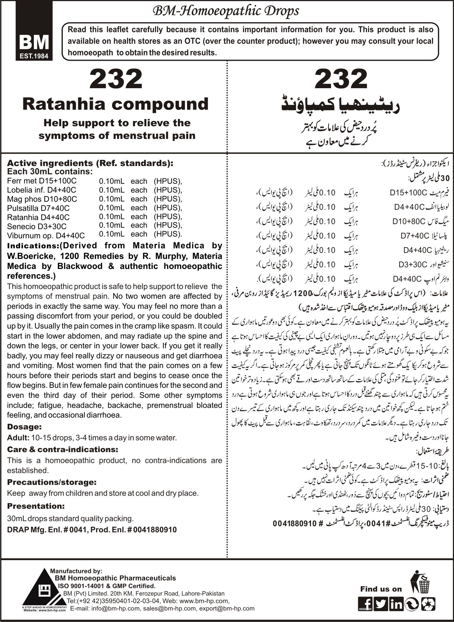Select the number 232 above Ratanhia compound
coord(116,80)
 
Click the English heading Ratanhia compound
coord(116,104)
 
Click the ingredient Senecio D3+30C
coord(37,227)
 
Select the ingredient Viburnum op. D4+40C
coord(46,236)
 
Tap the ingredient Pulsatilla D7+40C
coord(38,208)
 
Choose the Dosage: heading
coord(24,427)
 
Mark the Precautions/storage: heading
coord(51,482)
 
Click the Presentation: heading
coord(36,506)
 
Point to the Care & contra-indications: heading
coord(63,449)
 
